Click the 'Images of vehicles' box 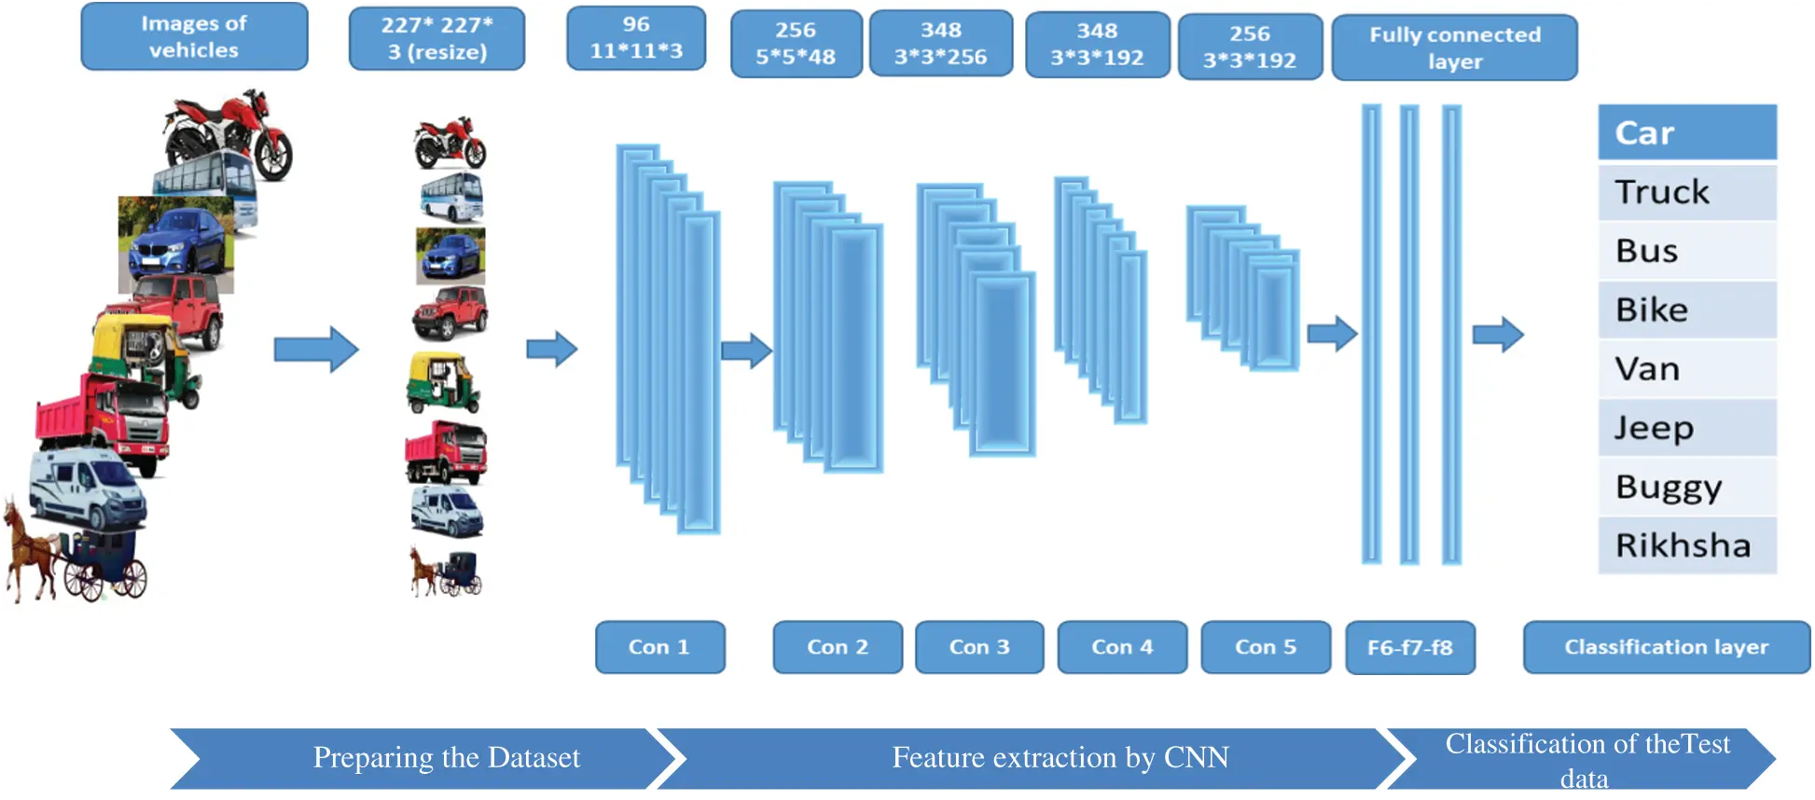coord(194,37)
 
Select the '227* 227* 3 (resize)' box coord(436,39)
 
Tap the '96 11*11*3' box coord(636,38)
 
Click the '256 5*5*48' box coord(796,44)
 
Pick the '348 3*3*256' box coord(940,44)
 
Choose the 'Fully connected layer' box coord(1454,48)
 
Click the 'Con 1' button coord(659,647)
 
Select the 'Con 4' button coord(1122,647)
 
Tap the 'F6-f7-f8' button coord(1409,648)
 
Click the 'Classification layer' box coord(1666,647)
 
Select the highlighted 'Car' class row coord(1686,132)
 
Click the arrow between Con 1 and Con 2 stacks coord(746,351)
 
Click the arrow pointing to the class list coord(1498,335)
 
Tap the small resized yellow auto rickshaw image coord(442,383)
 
